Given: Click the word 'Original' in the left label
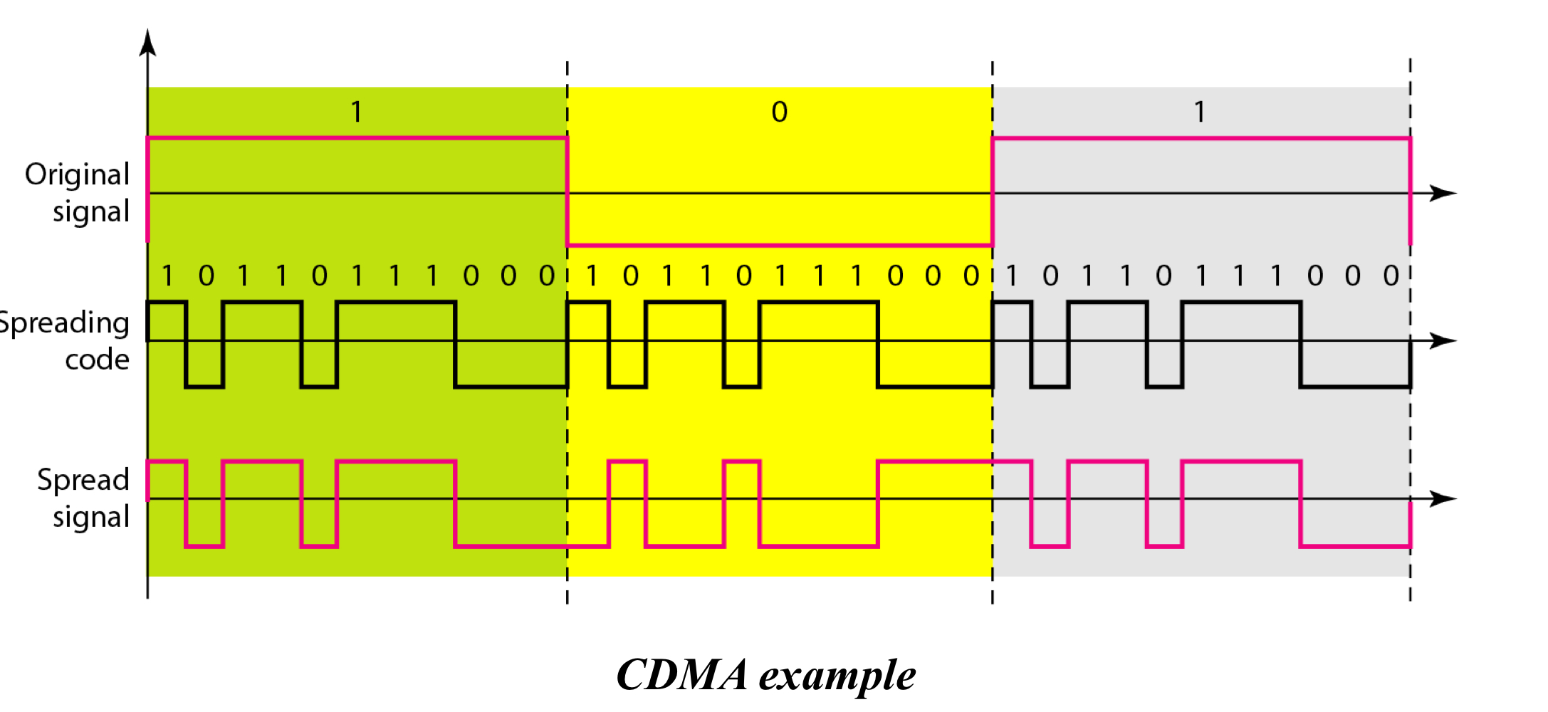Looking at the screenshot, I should point(77,175).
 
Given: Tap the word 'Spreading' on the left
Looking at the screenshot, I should point(64,323).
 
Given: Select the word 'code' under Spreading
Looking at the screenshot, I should point(97,360).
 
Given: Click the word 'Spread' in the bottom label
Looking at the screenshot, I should point(83,481).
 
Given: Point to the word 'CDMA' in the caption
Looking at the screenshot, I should point(681,674).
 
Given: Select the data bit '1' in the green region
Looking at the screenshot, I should point(357,112).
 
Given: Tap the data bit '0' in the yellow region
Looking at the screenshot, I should point(779,112).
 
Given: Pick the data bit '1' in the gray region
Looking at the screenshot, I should point(1200,112).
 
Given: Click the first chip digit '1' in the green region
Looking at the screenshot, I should point(168,276).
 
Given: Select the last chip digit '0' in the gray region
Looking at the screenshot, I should point(1391,276).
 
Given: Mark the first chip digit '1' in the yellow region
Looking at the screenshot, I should point(592,276).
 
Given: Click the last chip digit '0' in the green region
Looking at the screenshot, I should point(546,276).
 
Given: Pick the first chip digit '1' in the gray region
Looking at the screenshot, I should point(1012,276).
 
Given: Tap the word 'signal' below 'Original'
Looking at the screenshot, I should point(91,212).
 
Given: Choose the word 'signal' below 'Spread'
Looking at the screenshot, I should point(91,518).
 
